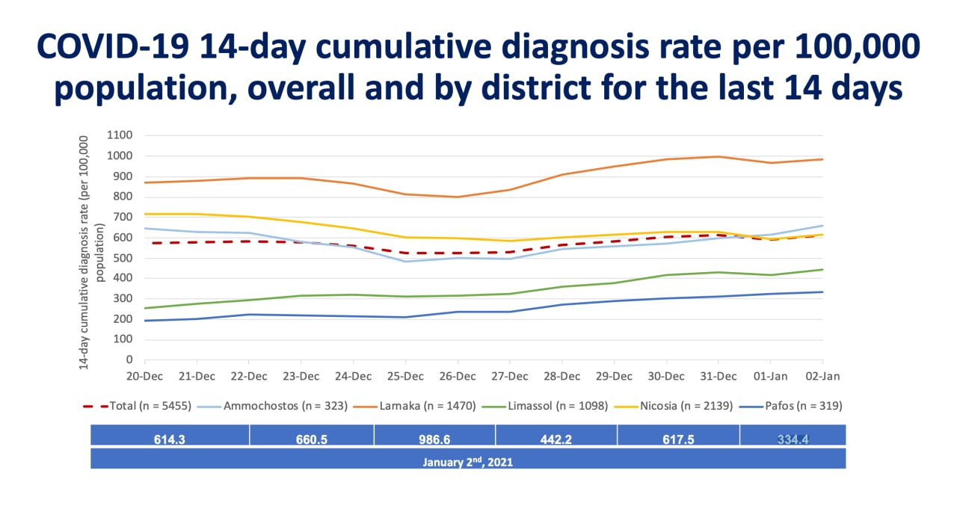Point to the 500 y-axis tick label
[x=123, y=258]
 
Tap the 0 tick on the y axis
[x=129, y=360]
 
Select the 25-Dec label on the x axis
[x=404, y=375]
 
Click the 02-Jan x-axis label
[x=822, y=375]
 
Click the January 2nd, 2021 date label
[x=468, y=462]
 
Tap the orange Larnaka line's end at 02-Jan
[x=822, y=159]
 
